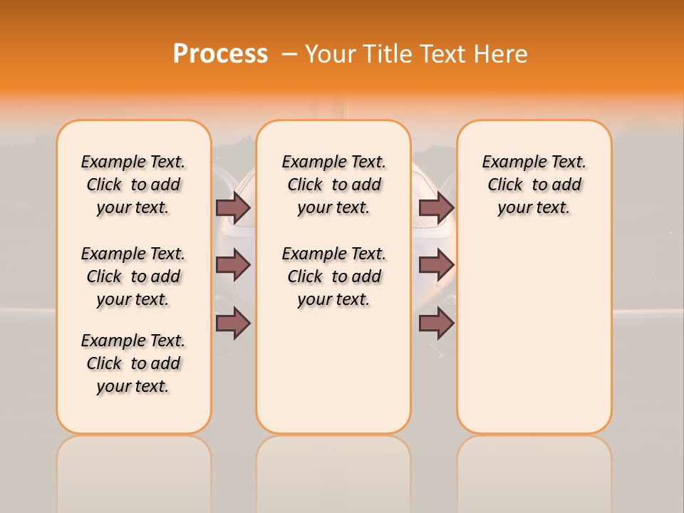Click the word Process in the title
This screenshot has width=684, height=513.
click(x=220, y=54)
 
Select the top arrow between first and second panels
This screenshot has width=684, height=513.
click(x=233, y=207)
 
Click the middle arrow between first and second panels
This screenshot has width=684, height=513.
click(x=233, y=266)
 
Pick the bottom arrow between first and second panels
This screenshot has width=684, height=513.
click(x=233, y=324)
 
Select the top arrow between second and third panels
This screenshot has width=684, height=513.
click(x=436, y=207)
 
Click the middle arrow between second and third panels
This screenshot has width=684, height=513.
click(x=436, y=266)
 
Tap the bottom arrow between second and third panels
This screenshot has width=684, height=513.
click(x=436, y=324)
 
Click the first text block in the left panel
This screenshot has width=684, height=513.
click(x=133, y=185)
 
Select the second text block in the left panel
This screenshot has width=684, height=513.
click(x=133, y=276)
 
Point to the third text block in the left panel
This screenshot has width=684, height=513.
click(x=133, y=363)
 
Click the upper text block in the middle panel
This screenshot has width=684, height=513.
click(x=333, y=185)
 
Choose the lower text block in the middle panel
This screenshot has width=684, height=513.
click(x=333, y=276)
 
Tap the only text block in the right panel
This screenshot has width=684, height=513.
click(x=534, y=185)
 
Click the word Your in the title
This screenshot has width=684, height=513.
click(x=331, y=54)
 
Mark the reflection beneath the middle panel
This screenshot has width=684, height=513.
click(x=333, y=470)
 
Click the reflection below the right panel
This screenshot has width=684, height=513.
click(x=534, y=470)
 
